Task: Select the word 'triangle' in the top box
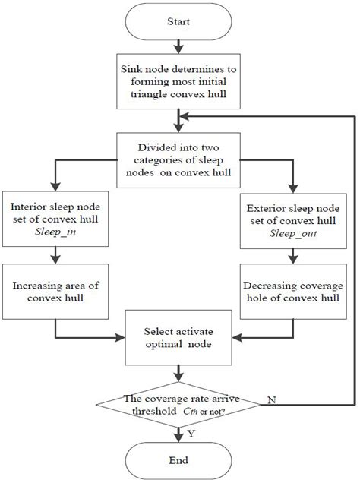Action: click(x=145, y=93)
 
